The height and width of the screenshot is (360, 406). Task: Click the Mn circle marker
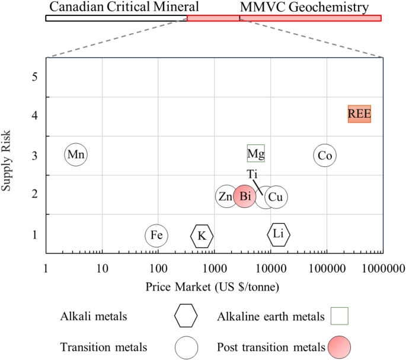coord(75,155)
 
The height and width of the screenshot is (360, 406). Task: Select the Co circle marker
coord(325,155)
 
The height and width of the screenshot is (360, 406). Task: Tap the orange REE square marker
coord(359,114)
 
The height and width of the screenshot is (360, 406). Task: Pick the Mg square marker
coord(255,154)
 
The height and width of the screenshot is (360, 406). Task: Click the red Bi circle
coord(244,197)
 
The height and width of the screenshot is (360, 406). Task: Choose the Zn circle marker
coord(226,197)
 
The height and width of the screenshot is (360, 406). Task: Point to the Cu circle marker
coord(276,197)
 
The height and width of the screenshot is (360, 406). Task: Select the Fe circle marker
coord(156,235)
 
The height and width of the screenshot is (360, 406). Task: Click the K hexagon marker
coord(202,236)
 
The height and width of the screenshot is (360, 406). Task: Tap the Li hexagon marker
coord(279,234)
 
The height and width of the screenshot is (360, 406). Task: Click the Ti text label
coord(252,173)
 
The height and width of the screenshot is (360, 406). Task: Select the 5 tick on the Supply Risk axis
coord(34,77)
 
